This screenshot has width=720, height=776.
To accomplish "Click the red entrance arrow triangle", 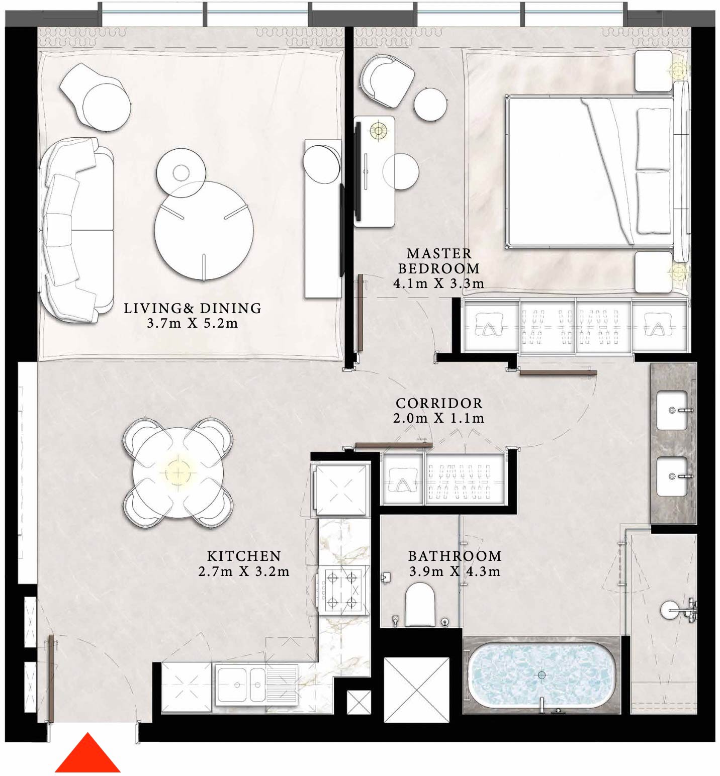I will point(87,755).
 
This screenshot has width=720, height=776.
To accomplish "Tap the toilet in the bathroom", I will point(419,604).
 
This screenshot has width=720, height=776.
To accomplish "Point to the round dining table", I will point(177,473).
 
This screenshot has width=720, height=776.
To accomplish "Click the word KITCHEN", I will point(244,556).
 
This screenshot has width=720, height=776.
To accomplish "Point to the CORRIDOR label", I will point(439,403).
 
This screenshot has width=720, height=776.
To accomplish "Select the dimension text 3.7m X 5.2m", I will point(193,323).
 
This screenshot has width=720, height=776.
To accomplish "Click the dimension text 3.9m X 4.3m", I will point(455,571).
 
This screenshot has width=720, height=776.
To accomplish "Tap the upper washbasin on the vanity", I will point(672,411).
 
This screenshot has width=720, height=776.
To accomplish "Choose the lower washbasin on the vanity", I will point(672,475).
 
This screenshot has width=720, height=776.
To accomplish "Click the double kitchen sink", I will point(241,684).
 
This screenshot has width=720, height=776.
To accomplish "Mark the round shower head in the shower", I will point(669,610).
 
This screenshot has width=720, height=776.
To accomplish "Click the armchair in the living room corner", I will point(96,95).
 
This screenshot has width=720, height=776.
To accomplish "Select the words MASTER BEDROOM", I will point(439,260).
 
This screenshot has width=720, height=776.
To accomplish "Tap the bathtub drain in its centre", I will point(542,675).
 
